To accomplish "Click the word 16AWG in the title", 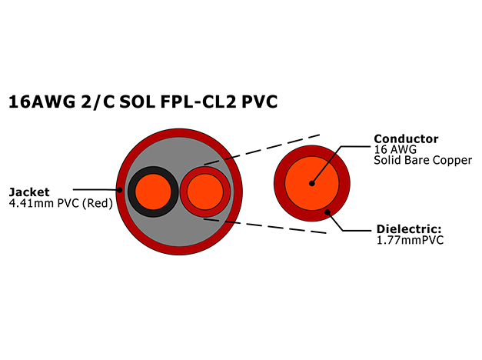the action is [42, 102].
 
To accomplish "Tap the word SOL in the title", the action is [137, 102].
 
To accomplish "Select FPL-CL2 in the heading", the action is [198, 102].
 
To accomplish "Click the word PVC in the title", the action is [259, 102].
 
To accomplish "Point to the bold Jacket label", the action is [29, 192].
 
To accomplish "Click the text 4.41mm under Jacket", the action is [28, 203].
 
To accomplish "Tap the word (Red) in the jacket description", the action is [98, 203].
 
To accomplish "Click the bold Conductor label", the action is [406, 139].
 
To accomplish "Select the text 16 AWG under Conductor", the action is [395, 149].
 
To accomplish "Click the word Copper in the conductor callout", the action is [452, 161].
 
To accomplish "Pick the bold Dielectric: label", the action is [409, 229].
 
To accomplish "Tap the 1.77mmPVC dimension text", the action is [410, 240].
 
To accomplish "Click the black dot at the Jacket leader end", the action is [120, 190].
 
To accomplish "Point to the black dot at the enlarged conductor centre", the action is [311, 183].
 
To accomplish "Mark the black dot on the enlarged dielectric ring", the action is [327, 212].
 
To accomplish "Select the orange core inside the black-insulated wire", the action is [153, 192].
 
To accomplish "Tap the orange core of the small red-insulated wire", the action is [205, 192].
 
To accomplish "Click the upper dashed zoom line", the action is [262, 149].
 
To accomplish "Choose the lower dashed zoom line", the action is [265, 226].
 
